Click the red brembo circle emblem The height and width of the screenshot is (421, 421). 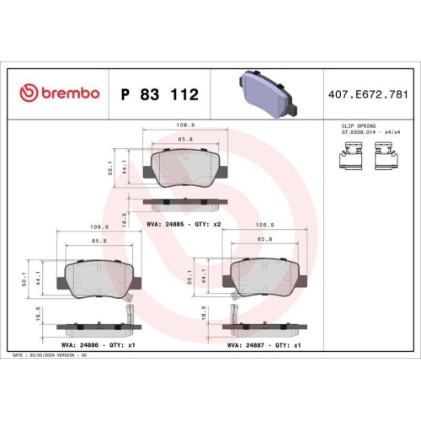coord(28,93)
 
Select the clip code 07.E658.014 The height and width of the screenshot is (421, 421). coord(357,131)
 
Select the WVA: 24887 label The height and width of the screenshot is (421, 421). coord(250,344)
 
